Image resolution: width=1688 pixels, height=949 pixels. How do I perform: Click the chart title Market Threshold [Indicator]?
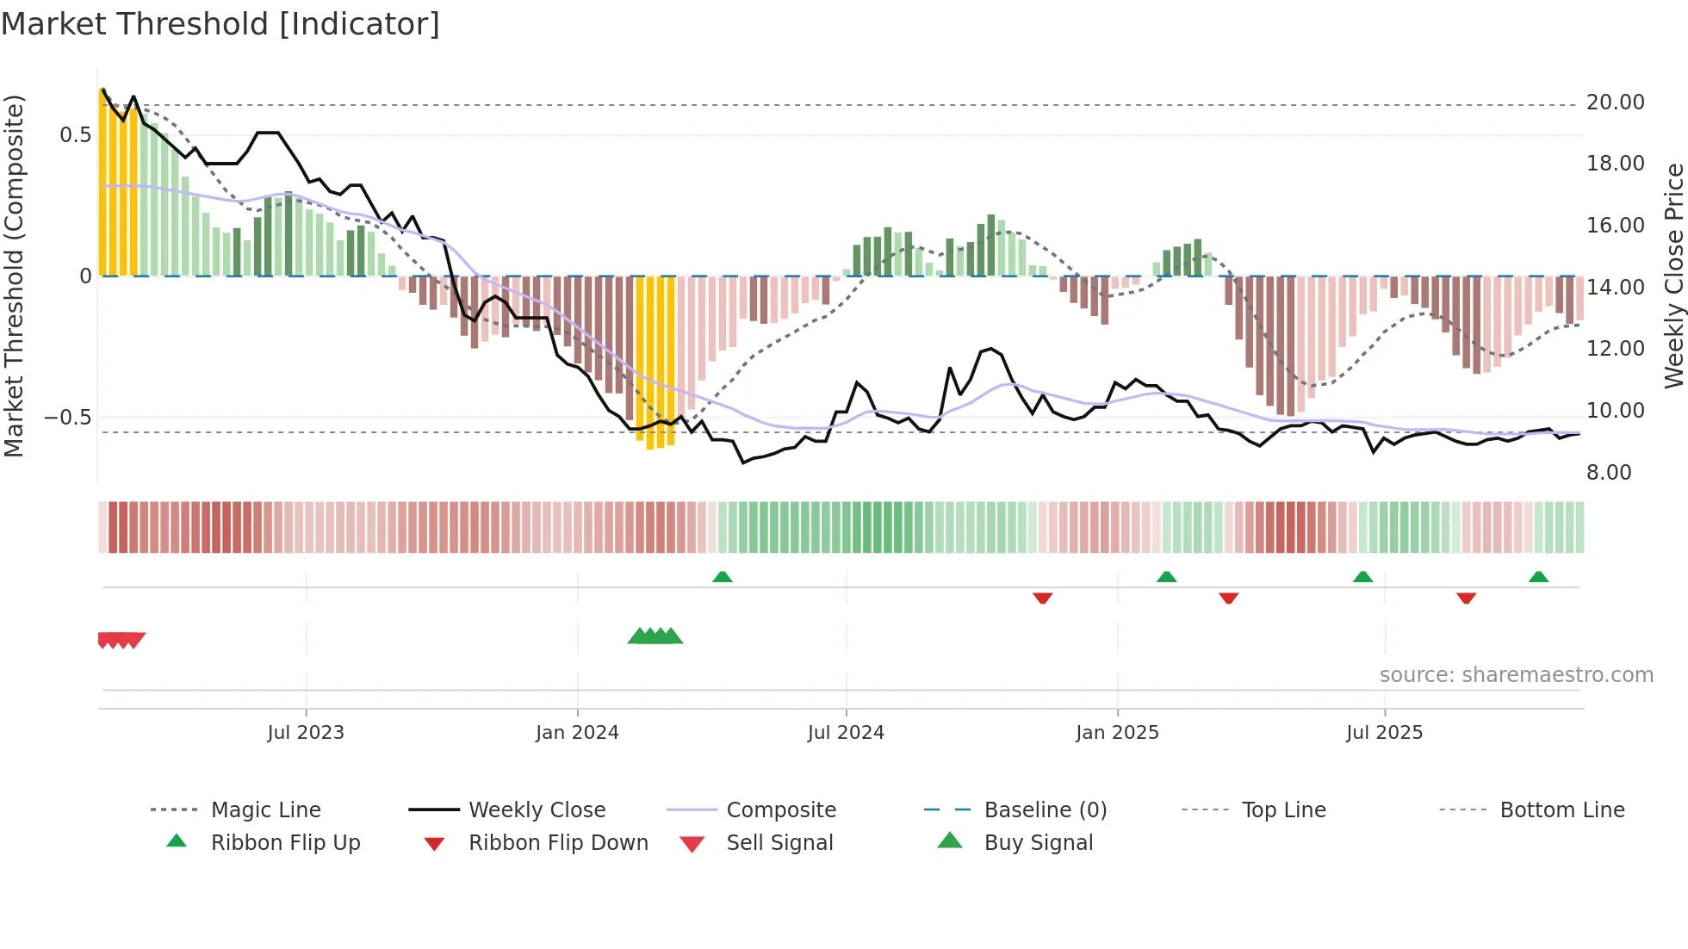tap(220, 24)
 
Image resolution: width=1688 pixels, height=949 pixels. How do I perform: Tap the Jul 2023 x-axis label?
tap(305, 733)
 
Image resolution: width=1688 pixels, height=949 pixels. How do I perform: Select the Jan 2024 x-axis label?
tap(577, 733)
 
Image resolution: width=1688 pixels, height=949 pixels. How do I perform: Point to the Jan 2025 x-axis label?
tap(1117, 733)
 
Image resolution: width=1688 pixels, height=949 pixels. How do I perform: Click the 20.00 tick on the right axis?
tap(1615, 102)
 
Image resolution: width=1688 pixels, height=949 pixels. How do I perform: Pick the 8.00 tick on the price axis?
tap(1609, 473)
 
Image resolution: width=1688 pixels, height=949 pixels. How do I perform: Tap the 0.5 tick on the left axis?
tap(75, 135)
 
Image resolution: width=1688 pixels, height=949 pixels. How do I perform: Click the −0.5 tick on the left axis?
tap(68, 418)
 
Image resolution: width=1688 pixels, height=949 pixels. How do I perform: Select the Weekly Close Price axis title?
tap(1673, 276)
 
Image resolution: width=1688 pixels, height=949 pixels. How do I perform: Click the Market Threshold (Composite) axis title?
tap(14, 276)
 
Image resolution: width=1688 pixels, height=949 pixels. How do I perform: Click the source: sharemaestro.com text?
tap(1516, 675)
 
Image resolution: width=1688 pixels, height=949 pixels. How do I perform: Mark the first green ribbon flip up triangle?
tap(723, 577)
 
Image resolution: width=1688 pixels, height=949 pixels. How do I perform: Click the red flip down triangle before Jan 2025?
tap(1043, 598)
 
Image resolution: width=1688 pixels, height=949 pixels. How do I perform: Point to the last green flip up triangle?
tap(1538, 577)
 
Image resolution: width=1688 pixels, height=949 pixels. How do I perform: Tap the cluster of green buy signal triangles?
tap(655, 636)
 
